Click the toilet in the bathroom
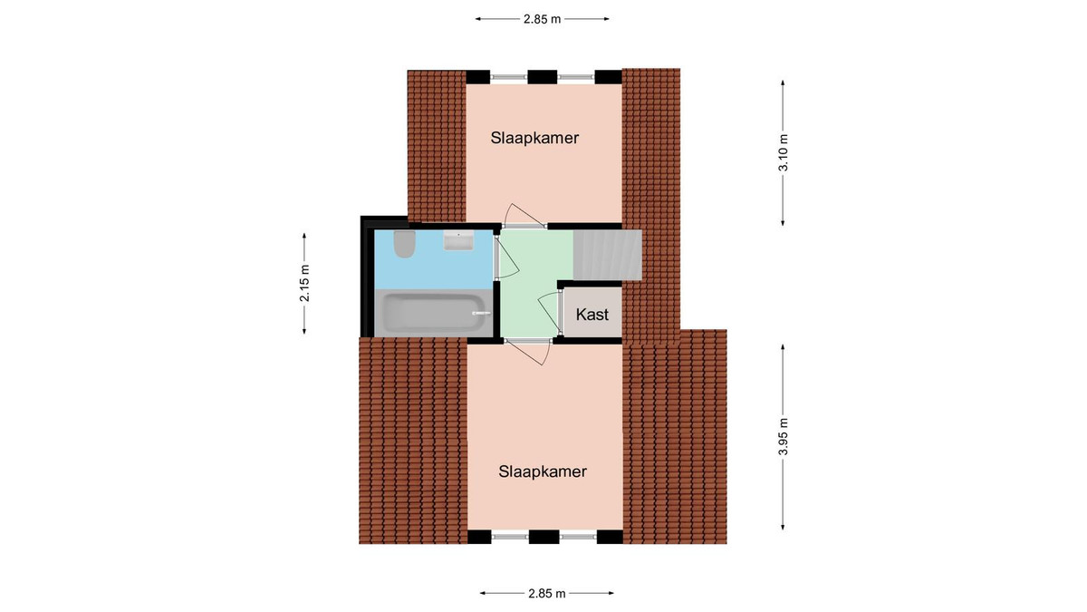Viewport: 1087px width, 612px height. point(404,244)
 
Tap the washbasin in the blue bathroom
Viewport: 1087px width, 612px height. point(458,241)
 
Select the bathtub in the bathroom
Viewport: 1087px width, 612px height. point(434,314)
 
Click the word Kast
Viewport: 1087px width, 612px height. point(592,315)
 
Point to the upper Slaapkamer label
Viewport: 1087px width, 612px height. point(534,138)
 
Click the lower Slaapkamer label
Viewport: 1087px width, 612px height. point(543,471)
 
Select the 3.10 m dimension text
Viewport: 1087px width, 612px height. point(784,152)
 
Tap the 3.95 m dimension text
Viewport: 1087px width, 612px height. point(784,437)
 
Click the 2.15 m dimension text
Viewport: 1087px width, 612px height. point(304,283)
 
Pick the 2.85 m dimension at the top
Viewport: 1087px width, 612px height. point(542,19)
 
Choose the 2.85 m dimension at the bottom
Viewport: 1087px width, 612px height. point(547,593)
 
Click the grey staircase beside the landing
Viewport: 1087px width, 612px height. point(608,255)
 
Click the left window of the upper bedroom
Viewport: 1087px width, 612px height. point(508,77)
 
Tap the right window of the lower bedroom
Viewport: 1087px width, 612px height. point(578,537)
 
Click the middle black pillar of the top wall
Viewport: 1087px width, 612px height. point(542,77)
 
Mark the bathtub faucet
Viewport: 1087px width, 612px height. point(479,314)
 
